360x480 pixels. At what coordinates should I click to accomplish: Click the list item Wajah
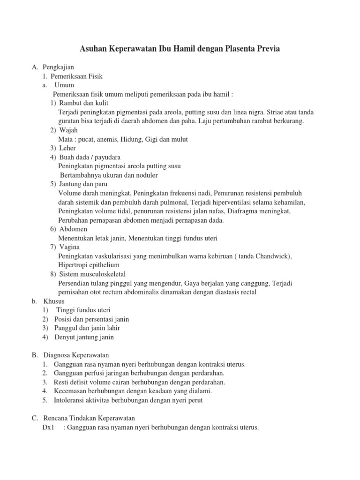(x=68, y=130)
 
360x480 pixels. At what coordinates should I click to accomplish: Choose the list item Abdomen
(x=73, y=229)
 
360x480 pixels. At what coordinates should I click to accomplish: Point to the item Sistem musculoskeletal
(x=92, y=274)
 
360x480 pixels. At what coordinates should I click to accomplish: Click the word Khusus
(x=53, y=301)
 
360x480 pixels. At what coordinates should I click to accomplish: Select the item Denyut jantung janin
(x=84, y=337)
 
